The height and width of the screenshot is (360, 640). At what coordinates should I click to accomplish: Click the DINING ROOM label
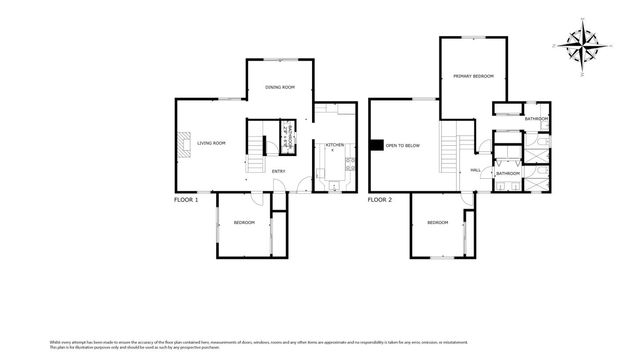(280, 88)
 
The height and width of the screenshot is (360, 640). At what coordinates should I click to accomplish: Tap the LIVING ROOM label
(211, 144)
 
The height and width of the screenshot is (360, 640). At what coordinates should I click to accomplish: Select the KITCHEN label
(335, 146)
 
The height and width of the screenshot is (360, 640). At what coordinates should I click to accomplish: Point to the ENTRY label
(279, 171)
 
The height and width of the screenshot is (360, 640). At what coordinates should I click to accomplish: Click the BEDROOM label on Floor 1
(244, 222)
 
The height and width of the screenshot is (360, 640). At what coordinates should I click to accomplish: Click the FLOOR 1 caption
(185, 200)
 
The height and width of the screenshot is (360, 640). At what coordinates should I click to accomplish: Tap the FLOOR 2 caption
(379, 200)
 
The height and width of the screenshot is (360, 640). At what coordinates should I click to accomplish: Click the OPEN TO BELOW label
(402, 146)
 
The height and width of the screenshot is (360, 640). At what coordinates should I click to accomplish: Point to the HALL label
(476, 171)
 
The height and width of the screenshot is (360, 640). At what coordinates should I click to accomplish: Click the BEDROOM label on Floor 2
(437, 222)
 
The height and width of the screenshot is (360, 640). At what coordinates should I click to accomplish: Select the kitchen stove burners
(350, 166)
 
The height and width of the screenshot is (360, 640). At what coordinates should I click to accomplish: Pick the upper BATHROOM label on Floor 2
(536, 119)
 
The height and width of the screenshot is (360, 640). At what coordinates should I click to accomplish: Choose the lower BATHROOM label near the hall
(507, 172)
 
